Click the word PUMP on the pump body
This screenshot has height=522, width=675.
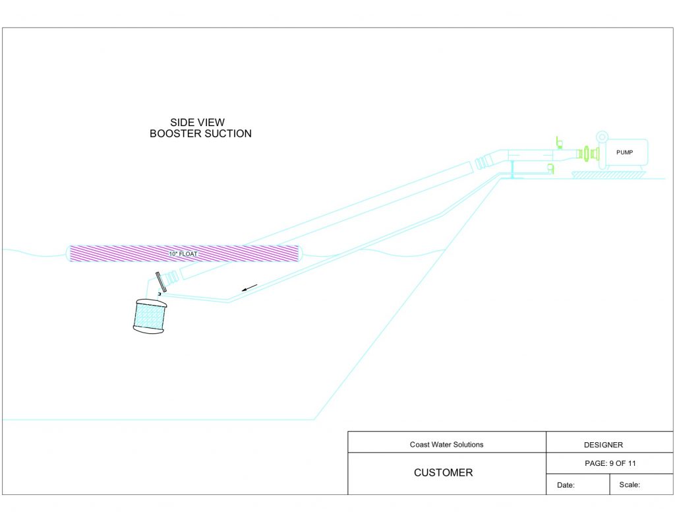[x=625, y=152]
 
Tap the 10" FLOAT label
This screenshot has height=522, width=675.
[x=183, y=254]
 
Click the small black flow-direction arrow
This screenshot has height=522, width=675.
[x=249, y=288]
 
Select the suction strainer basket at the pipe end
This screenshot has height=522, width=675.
[x=150, y=316]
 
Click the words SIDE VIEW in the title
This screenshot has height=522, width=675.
[x=197, y=123]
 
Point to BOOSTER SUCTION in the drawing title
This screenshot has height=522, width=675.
[x=200, y=133]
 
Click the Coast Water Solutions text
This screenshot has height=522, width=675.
[x=446, y=444]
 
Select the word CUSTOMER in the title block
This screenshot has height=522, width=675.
[x=444, y=473]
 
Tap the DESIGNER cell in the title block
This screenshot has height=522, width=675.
[x=603, y=445]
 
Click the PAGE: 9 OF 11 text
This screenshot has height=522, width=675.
[x=610, y=463]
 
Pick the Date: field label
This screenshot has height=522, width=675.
[x=566, y=485]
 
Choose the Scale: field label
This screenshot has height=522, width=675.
[x=630, y=484]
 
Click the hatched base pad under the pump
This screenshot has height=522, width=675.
[x=608, y=175]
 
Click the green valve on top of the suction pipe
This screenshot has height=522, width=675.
[x=559, y=143]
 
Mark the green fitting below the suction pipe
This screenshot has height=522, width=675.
[x=550, y=168]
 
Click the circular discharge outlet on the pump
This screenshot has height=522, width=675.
[x=602, y=137]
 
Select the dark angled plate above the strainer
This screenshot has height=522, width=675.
[x=161, y=282]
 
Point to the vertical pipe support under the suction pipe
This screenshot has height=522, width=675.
[x=512, y=170]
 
